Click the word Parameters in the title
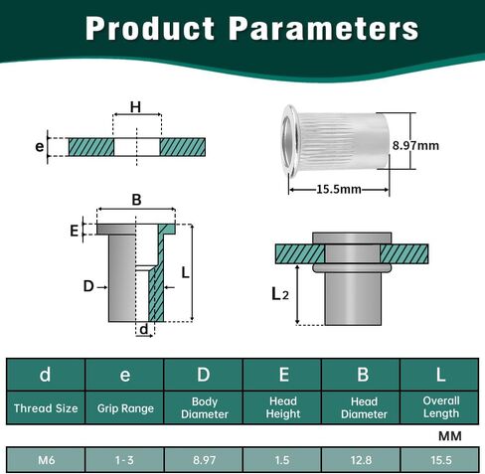(x=324, y=29)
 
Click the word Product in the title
(x=150, y=28)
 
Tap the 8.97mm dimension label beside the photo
(x=415, y=146)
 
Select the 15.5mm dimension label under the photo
(x=339, y=189)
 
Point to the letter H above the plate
(x=136, y=107)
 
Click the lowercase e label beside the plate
(x=40, y=146)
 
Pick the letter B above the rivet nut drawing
(x=136, y=200)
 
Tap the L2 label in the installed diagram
(x=280, y=294)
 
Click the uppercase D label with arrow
(x=88, y=286)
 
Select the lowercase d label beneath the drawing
(x=144, y=329)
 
